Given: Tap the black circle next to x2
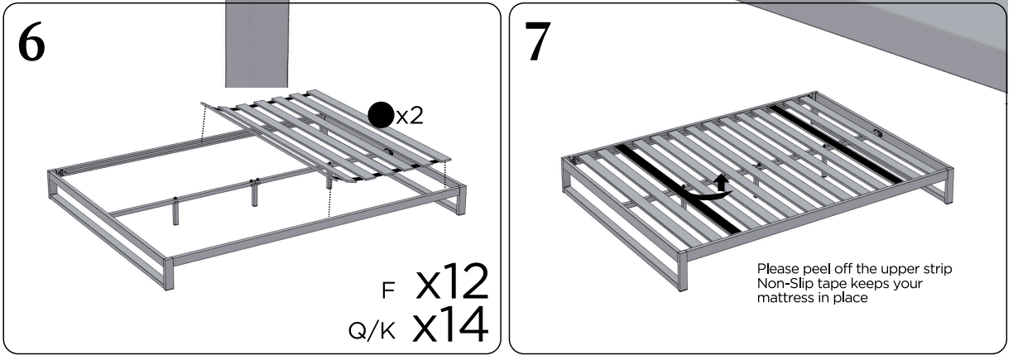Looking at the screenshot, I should click(380, 115).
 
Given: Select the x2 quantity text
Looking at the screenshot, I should click(409, 115).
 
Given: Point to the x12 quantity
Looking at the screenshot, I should click(451, 283).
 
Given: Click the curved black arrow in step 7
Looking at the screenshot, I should click(713, 188).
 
